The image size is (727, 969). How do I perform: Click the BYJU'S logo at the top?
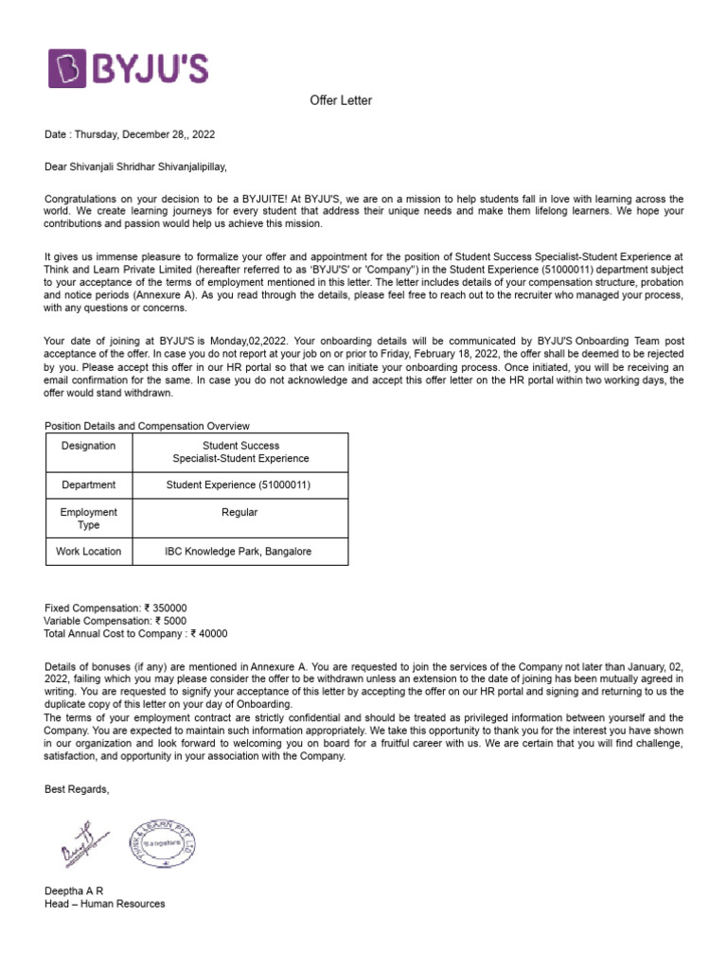click(x=129, y=69)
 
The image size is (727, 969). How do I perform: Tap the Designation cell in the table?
click(x=89, y=446)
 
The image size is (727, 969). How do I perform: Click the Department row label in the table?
click(x=89, y=485)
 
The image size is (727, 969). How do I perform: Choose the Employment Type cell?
click(x=89, y=519)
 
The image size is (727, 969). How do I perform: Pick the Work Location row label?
click(x=89, y=552)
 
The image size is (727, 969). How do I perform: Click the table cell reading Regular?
click(x=239, y=512)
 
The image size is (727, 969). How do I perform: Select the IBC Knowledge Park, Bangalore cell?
click(x=238, y=552)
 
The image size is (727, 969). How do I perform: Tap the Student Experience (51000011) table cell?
click(x=239, y=485)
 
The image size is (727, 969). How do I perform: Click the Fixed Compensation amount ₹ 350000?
click(x=166, y=608)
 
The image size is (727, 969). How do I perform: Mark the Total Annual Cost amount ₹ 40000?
click(x=209, y=634)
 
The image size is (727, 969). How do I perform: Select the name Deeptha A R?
click(x=74, y=890)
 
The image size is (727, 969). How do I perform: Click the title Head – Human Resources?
click(x=104, y=904)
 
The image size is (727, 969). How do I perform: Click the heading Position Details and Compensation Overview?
click(x=148, y=426)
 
